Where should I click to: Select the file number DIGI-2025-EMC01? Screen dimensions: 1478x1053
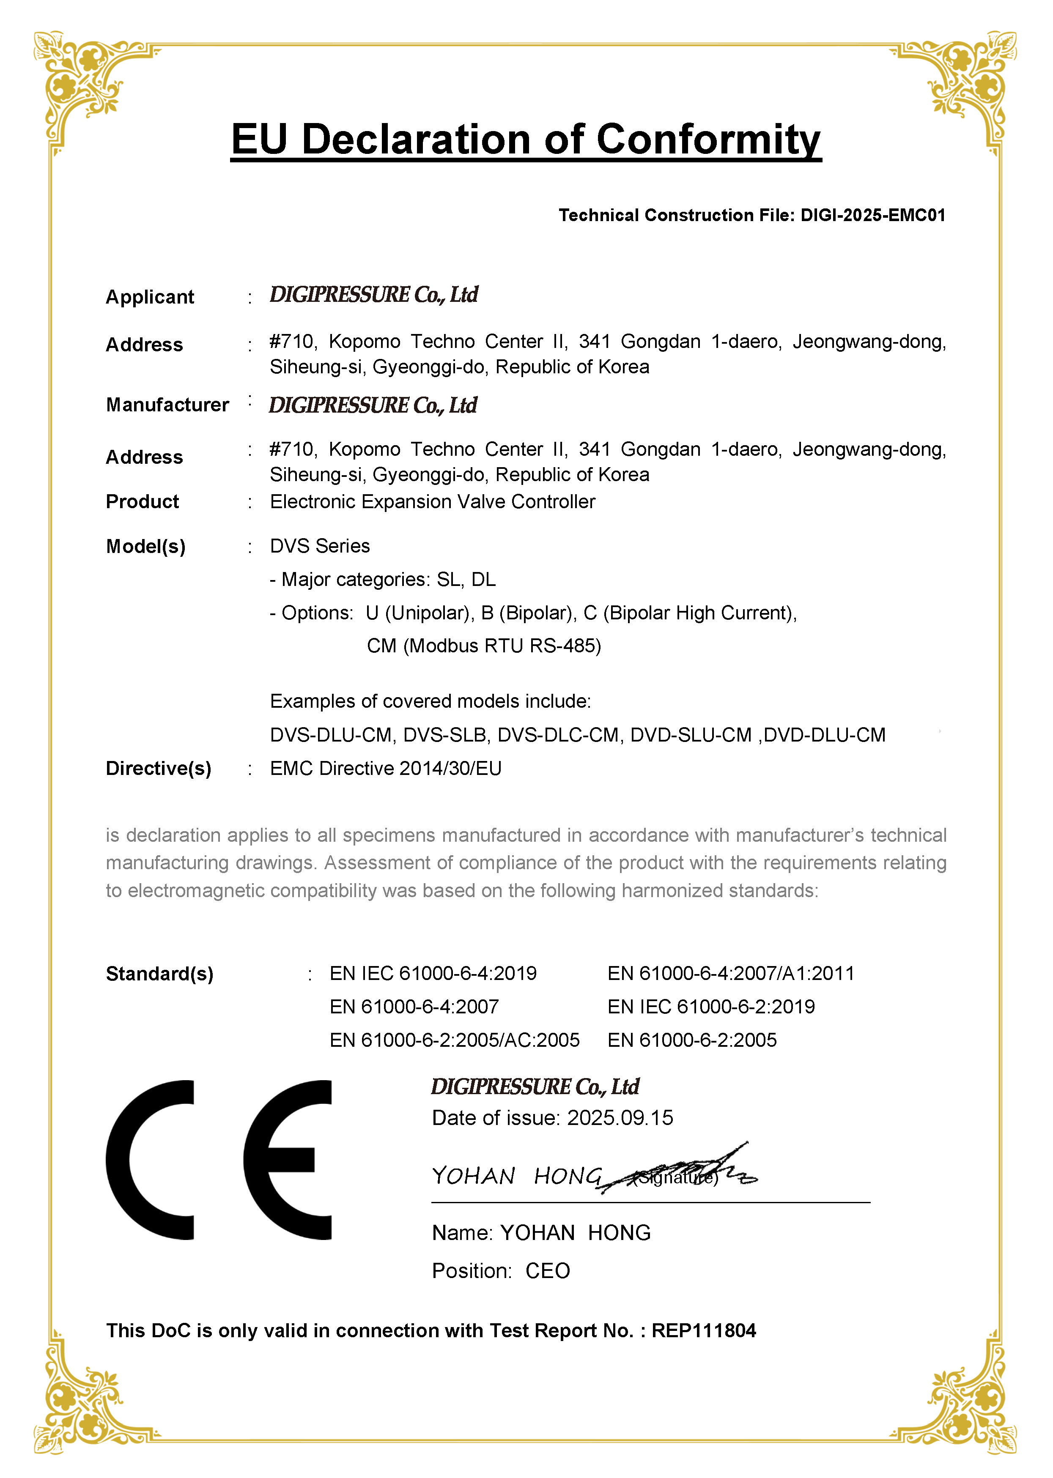(873, 215)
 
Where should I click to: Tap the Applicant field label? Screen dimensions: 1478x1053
(150, 297)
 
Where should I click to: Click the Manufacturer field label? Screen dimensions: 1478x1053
(167, 405)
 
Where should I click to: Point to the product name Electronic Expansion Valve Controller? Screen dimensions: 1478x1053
(433, 502)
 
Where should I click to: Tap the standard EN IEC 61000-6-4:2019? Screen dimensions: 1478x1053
(433, 974)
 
